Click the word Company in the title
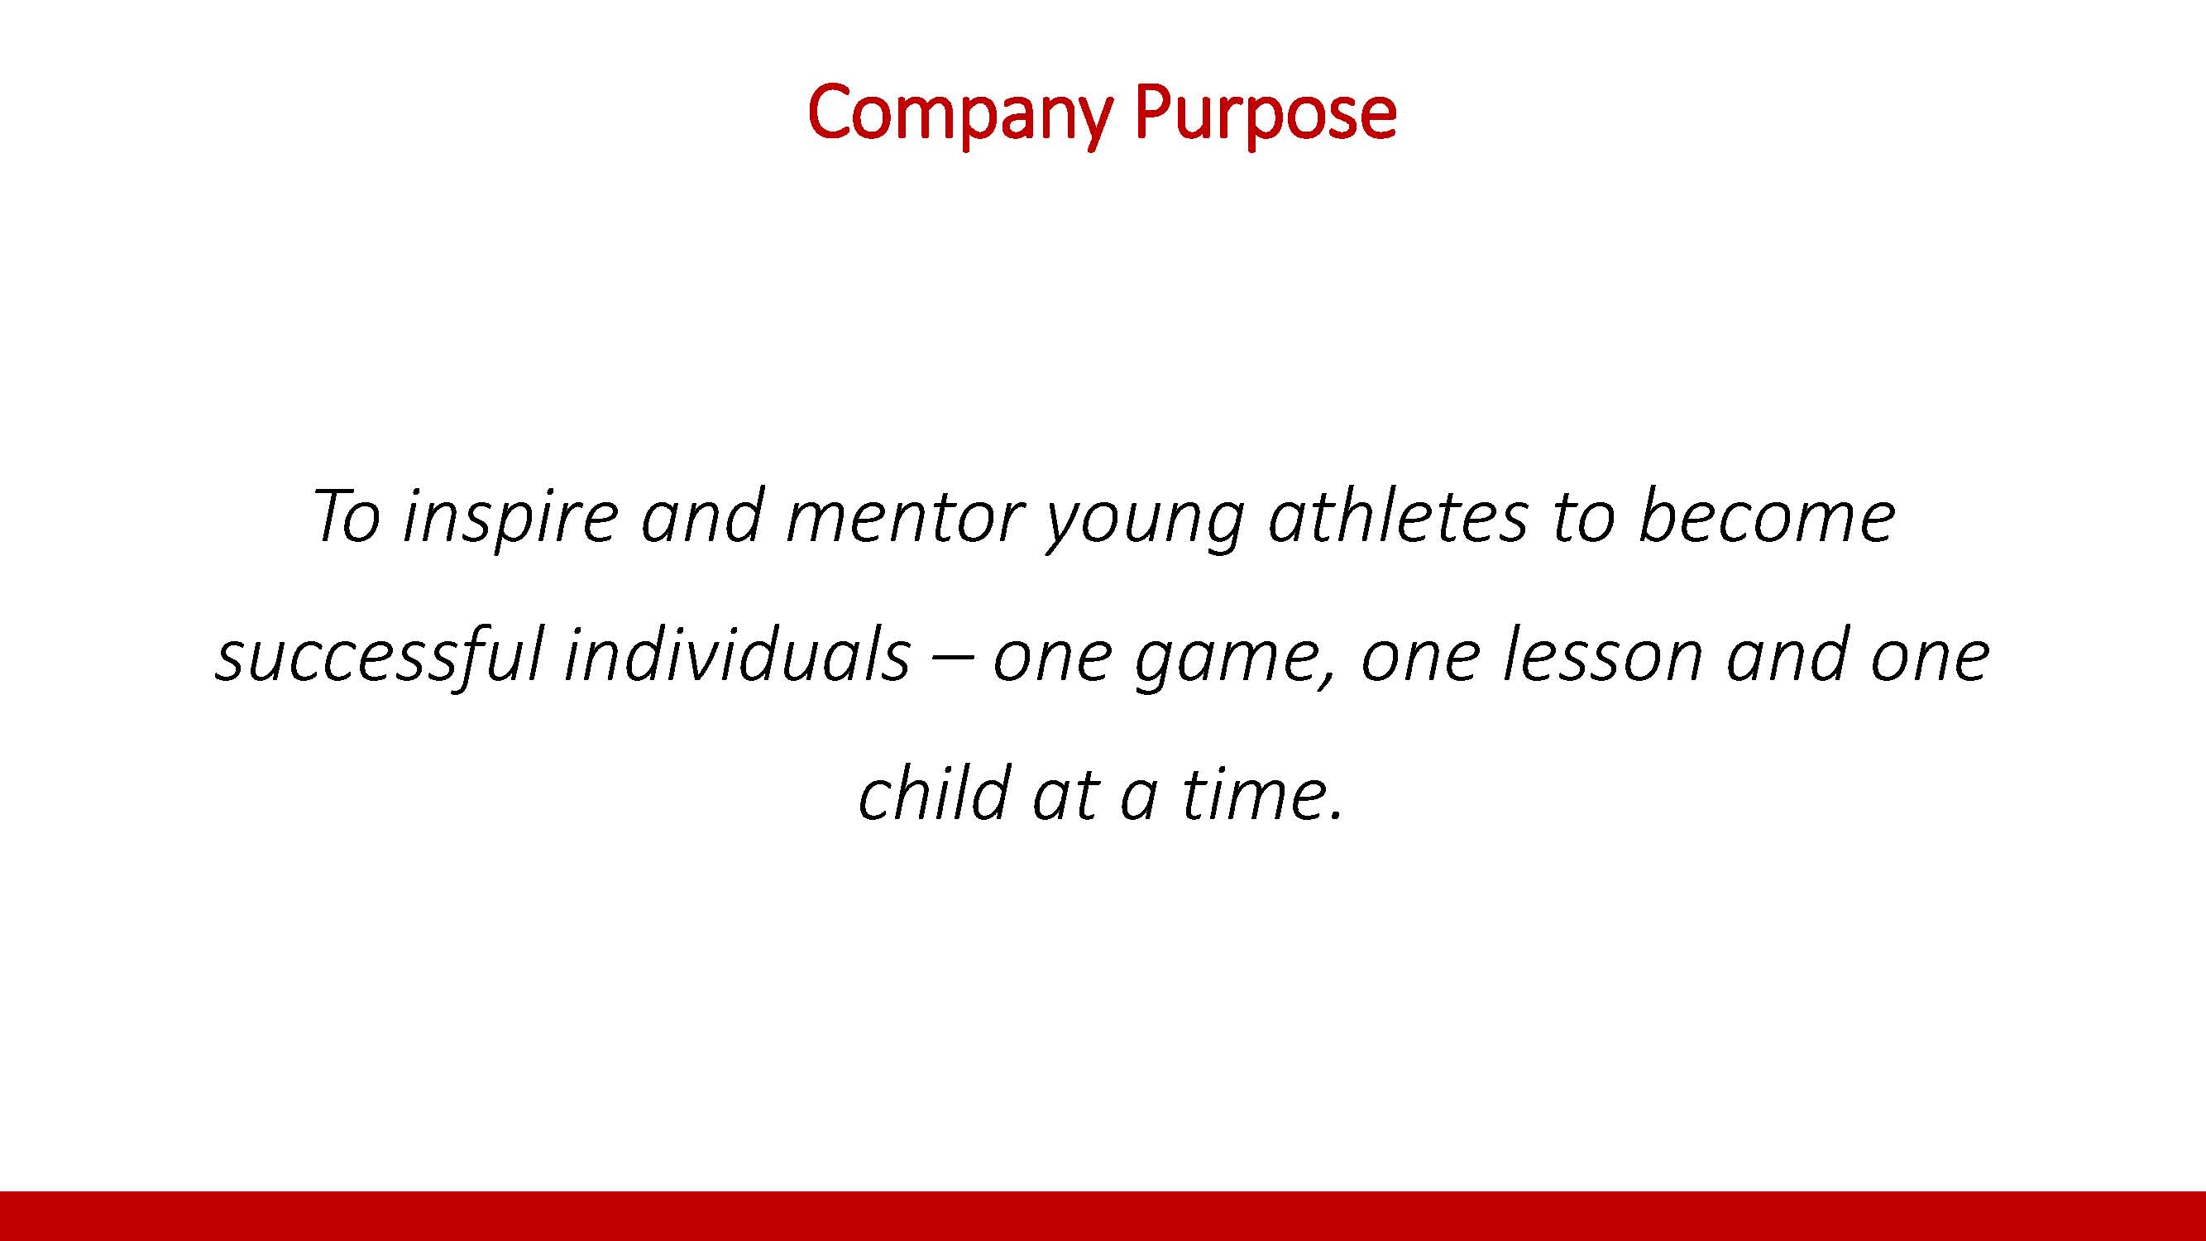pyautogui.click(x=960, y=114)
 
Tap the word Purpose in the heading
pyautogui.click(x=1266, y=114)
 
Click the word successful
pyautogui.click(x=380, y=655)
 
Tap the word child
pyautogui.click(x=935, y=793)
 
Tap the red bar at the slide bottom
pyautogui.click(x=1103, y=1216)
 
